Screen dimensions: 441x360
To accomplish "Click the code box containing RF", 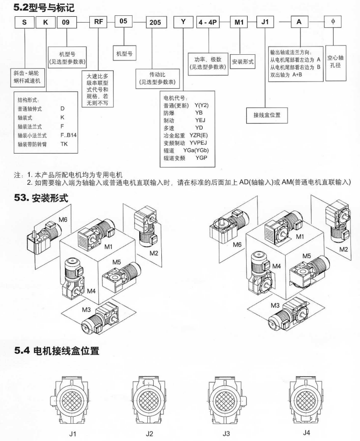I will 97,22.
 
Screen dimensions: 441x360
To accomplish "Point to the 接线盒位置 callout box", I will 267,115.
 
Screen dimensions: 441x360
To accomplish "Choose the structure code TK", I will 64,143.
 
